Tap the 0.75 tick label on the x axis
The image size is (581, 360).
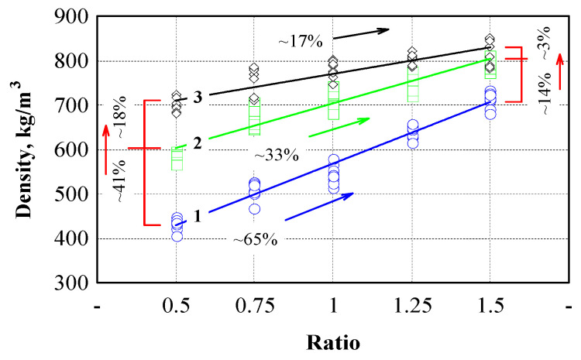coord(254,307)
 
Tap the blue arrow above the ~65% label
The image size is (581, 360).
coord(319,207)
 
